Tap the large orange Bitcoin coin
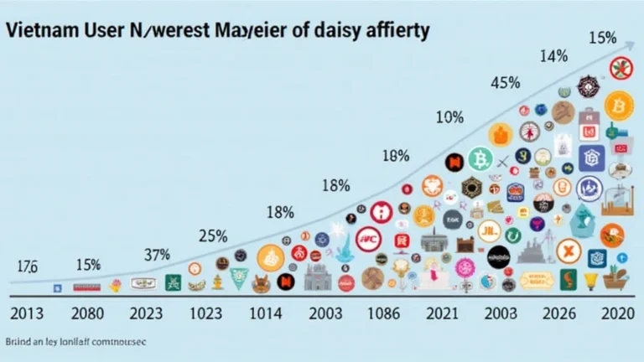(619, 105)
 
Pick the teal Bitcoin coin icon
(480, 158)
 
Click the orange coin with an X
(568, 249)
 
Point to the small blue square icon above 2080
(57, 287)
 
